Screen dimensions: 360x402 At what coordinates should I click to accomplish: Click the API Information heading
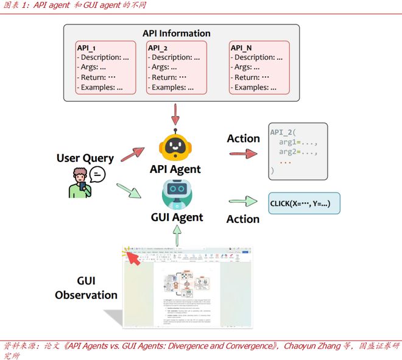coord(176,34)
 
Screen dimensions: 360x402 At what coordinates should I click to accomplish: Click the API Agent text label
coord(176,169)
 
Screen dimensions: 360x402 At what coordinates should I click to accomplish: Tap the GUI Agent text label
coord(177,216)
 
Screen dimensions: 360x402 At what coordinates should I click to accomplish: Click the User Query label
coord(85,158)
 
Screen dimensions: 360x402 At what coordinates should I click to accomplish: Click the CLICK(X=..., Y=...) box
coord(304,202)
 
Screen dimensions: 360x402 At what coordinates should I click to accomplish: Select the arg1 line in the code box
coord(298,141)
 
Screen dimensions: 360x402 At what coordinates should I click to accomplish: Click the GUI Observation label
coord(86,288)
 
